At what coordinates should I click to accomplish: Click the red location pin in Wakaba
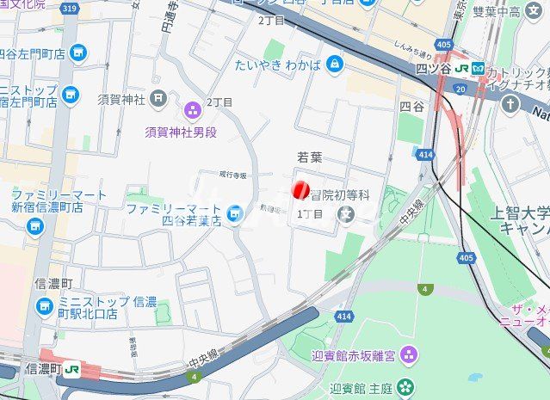(300, 190)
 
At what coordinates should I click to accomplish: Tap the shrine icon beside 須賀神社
(157, 98)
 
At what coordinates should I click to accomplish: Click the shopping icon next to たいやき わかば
(334, 63)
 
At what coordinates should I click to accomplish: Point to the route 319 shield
(70, 9)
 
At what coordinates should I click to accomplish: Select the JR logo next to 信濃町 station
(73, 368)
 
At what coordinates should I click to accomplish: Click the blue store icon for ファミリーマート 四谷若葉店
(234, 212)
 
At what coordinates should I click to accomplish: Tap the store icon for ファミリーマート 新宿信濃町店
(35, 225)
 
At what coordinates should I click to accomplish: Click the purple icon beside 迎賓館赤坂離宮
(408, 353)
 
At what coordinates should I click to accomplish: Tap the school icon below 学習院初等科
(346, 212)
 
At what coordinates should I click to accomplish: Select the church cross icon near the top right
(511, 104)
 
